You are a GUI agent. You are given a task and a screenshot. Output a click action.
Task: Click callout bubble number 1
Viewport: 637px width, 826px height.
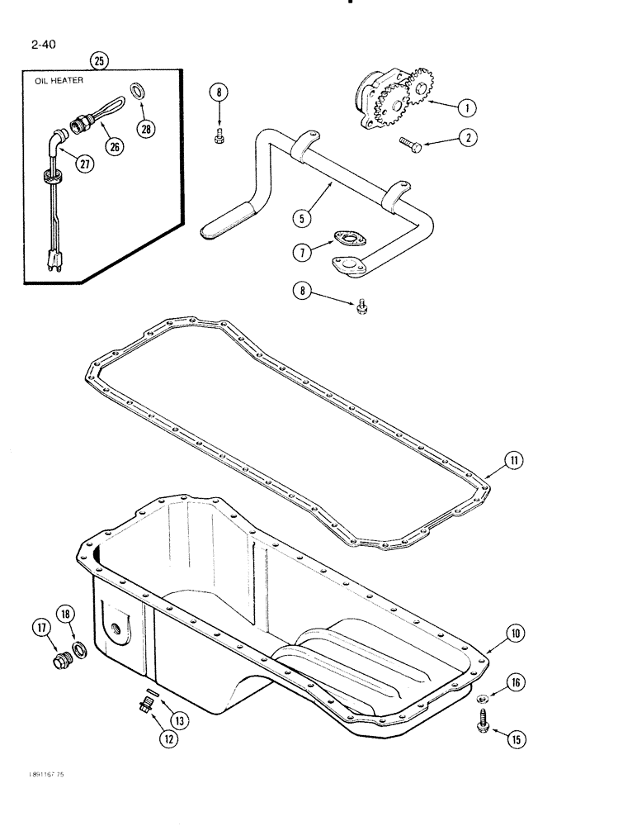[x=467, y=107]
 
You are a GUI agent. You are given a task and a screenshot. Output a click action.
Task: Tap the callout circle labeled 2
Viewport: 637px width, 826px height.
[x=467, y=139]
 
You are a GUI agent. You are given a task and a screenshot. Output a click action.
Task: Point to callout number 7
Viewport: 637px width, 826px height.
[x=304, y=249]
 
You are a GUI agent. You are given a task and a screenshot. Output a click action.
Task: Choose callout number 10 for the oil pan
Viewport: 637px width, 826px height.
[x=515, y=634]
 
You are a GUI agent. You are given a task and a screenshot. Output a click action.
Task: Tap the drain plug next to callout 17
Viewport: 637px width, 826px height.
[x=61, y=662]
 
